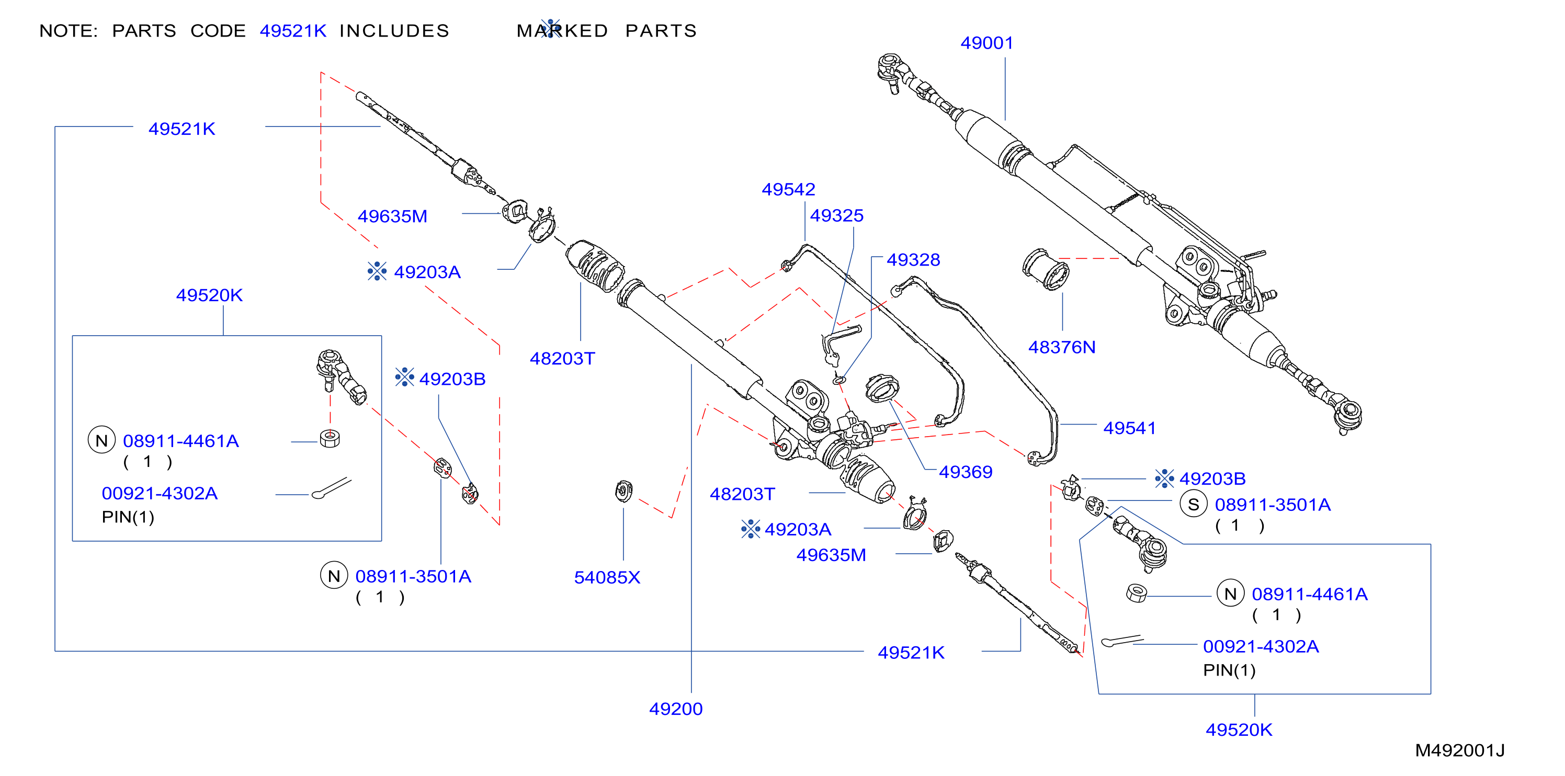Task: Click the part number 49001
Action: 986,43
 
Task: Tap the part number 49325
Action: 836,215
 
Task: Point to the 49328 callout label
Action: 913,260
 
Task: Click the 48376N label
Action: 1061,347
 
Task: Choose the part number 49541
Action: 1129,428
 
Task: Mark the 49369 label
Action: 966,472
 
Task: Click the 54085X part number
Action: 607,577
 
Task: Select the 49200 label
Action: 676,709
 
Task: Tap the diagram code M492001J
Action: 1459,750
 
